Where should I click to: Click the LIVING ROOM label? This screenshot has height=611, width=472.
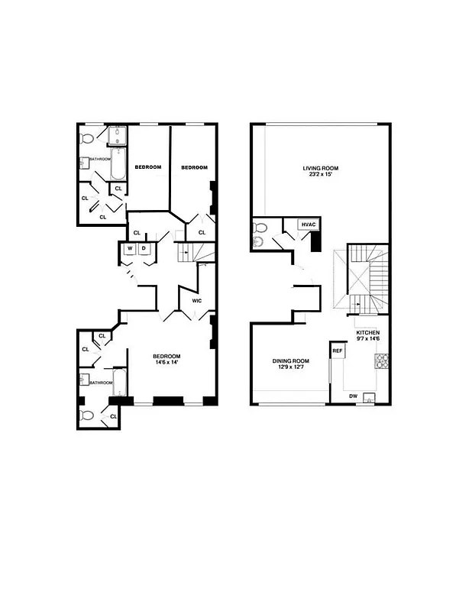coord(320,168)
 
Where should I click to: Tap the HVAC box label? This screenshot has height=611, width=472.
coord(308,224)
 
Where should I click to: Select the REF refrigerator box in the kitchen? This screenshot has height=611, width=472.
coord(337,351)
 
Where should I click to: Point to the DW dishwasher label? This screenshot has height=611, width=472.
coord(353,396)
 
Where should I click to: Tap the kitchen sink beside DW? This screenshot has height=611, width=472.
coord(370,397)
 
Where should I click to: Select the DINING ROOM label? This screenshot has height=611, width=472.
coord(290,361)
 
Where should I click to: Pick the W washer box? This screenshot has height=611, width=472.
coord(130,249)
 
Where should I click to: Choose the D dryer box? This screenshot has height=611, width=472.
coord(143,249)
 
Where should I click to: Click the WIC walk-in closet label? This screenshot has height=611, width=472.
coord(196,301)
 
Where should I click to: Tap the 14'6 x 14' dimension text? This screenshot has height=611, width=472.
coord(166,364)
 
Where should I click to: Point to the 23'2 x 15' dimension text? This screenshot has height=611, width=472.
coord(320,176)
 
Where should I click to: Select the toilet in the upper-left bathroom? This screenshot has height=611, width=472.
coord(86,139)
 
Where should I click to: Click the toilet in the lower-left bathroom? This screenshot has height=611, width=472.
coord(86,416)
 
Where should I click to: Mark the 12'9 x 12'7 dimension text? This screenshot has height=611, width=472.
coord(290,369)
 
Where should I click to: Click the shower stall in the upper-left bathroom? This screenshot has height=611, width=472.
coord(118,137)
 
